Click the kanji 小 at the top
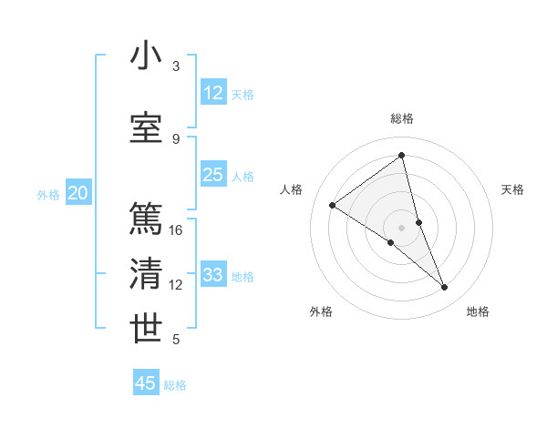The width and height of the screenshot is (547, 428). click(x=147, y=56)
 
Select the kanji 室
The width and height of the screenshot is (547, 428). click(x=147, y=127)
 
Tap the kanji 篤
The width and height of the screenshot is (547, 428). click(x=147, y=219)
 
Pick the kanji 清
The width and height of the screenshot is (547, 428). click(x=147, y=274)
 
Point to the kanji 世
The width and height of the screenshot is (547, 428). click(x=147, y=329)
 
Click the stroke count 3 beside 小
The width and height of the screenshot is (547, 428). click(x=176, y=66)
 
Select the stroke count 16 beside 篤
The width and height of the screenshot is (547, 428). click(x=176, y=230)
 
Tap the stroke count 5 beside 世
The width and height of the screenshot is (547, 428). click(x=176, y=340)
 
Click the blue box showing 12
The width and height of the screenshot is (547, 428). click(x=213, y=93)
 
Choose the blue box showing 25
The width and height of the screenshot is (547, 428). click(x=213, y=175)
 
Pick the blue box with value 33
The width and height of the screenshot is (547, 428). click(x=213, y=275)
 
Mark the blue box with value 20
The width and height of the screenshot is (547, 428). click(x=78, y=193)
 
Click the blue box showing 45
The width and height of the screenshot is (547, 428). click(x=146, y=383)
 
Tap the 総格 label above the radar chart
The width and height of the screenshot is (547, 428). click(x=402, y=118)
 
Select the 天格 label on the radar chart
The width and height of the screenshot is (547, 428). click(x=513, y=189)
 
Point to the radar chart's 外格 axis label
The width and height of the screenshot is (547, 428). click(x=321, y=311)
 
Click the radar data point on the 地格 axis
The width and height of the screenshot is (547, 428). click(x=445, y=288)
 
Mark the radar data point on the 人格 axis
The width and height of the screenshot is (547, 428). click(x=333, y=205)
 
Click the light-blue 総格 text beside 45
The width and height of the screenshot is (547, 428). click(x=175, y=385)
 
